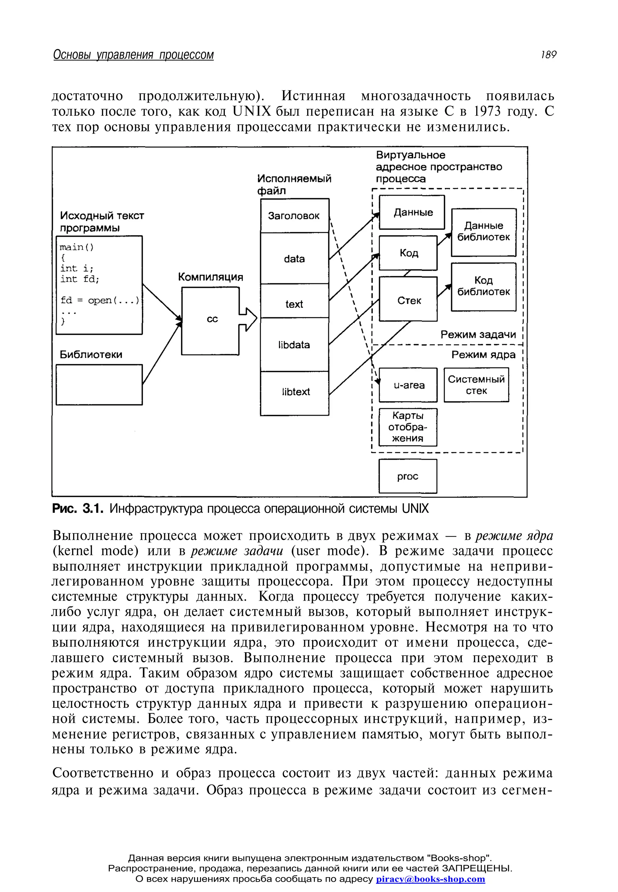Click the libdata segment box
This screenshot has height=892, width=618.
pos(294,345)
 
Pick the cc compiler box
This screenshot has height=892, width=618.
pos(210,320)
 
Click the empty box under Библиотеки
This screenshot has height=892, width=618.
pos(99,384)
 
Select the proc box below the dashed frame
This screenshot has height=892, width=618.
pos(408,476)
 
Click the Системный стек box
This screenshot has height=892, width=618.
pos(476,385)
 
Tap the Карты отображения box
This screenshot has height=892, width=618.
pos(408,427)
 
